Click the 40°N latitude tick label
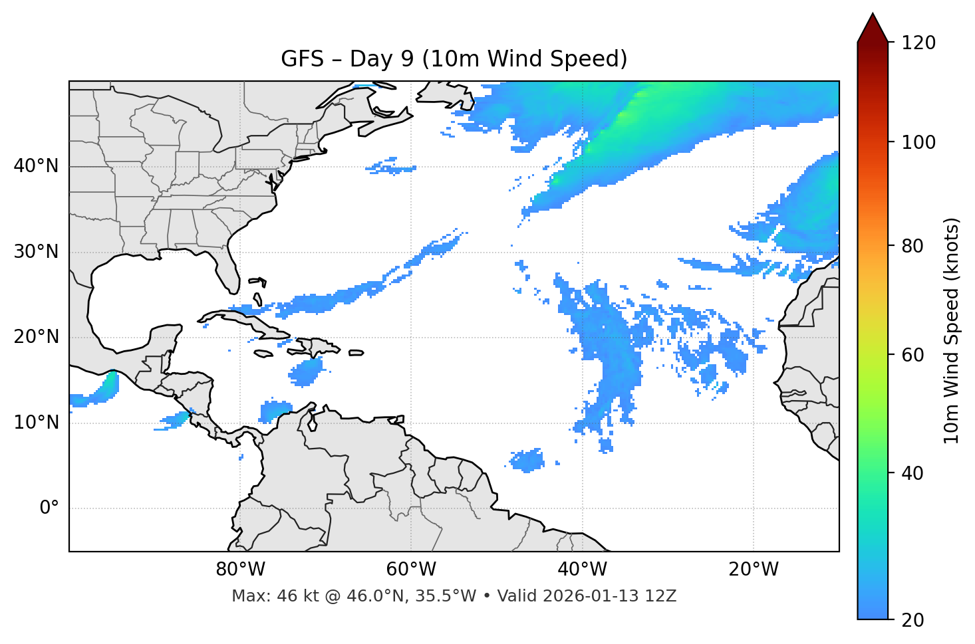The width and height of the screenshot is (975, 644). point(36,166)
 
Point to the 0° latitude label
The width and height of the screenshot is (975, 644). point(49,508)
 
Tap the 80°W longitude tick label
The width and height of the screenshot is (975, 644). point(240,570)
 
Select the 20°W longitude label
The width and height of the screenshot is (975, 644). point(754,570)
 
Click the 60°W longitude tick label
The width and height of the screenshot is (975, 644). point(411,570)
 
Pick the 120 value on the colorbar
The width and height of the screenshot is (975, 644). point(918,43)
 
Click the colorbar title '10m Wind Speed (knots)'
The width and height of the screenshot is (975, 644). point(952,330)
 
